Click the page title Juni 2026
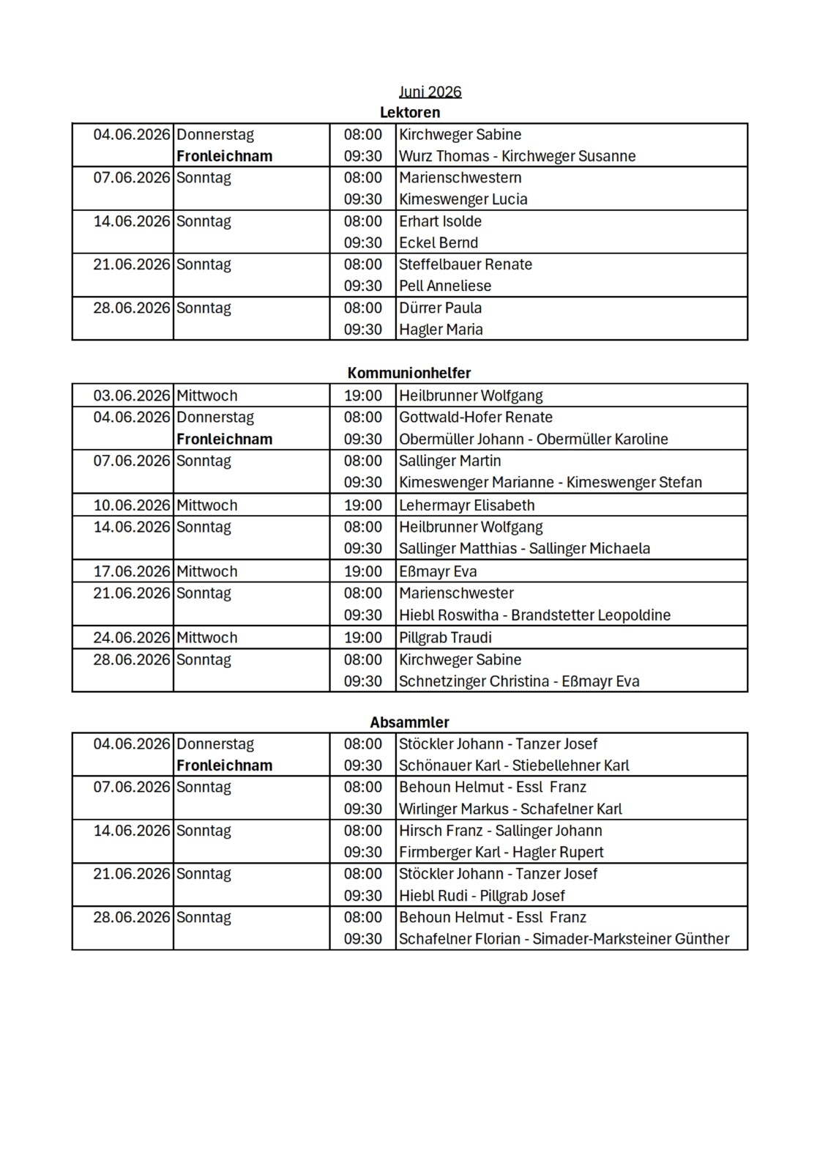pos(430,92)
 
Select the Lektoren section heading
pos(410,112)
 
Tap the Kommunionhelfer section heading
pos(409,373)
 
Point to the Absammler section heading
pos(409,722)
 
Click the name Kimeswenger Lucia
pos(463,199)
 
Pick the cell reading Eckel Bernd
pos(438,242)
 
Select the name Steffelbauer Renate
pos(465,264)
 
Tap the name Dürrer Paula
pos(440,308)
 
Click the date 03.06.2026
pos(132,396)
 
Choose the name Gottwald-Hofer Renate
pos(475,418)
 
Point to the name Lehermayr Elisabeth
pos(466,505)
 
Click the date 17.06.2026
pos(132,571)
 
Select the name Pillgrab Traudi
pos(445,637)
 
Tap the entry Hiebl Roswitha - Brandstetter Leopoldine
pos(534,615)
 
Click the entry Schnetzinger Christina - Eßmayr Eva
pos(519,681)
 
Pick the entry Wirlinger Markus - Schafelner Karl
pos(510,809)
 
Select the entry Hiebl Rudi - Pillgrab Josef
pos(482,896)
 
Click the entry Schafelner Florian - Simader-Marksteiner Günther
pos(564,939)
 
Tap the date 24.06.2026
pos(132,637)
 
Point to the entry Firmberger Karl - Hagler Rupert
pos(501,853)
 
